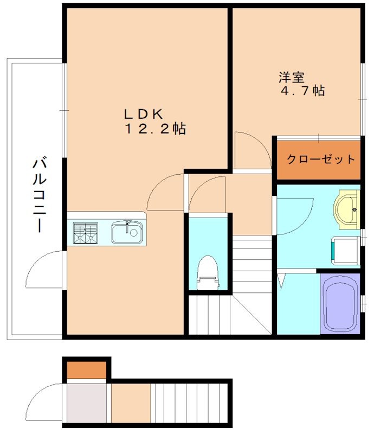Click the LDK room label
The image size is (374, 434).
pyautogui.click(x=144, y=114)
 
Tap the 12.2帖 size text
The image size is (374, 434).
pyautogui.click(x=156, y=129)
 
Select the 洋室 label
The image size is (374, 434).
pyautogui.click(x=288, y=78)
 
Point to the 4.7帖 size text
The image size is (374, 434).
pyautogui.click(x=302, y=91)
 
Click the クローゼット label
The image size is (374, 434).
pyautogui.click(x=320, y=159)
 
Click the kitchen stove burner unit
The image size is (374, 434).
pyautogui.click(x=86, y=233)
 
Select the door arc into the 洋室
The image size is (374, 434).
pyautogui.click(x=253, y=149)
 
